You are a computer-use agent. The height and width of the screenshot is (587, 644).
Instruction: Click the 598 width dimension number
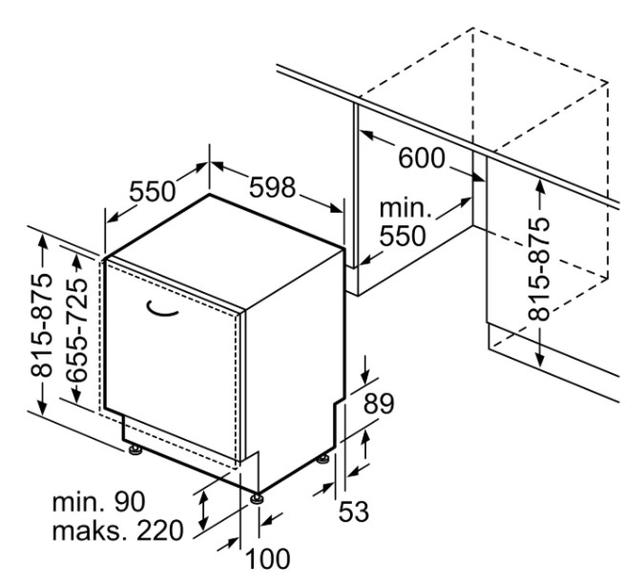(x=274, y=189)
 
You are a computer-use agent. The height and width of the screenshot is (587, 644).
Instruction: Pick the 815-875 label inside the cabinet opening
(x=540, y=268)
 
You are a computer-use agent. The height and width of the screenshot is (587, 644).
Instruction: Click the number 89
(x=378, y=405)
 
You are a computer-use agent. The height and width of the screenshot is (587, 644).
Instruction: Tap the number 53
(x=353, y=512)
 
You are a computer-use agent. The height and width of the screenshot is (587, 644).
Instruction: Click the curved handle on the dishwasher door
(x=164, y=307)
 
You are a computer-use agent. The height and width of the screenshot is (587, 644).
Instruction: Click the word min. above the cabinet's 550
(x=406, y=208)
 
